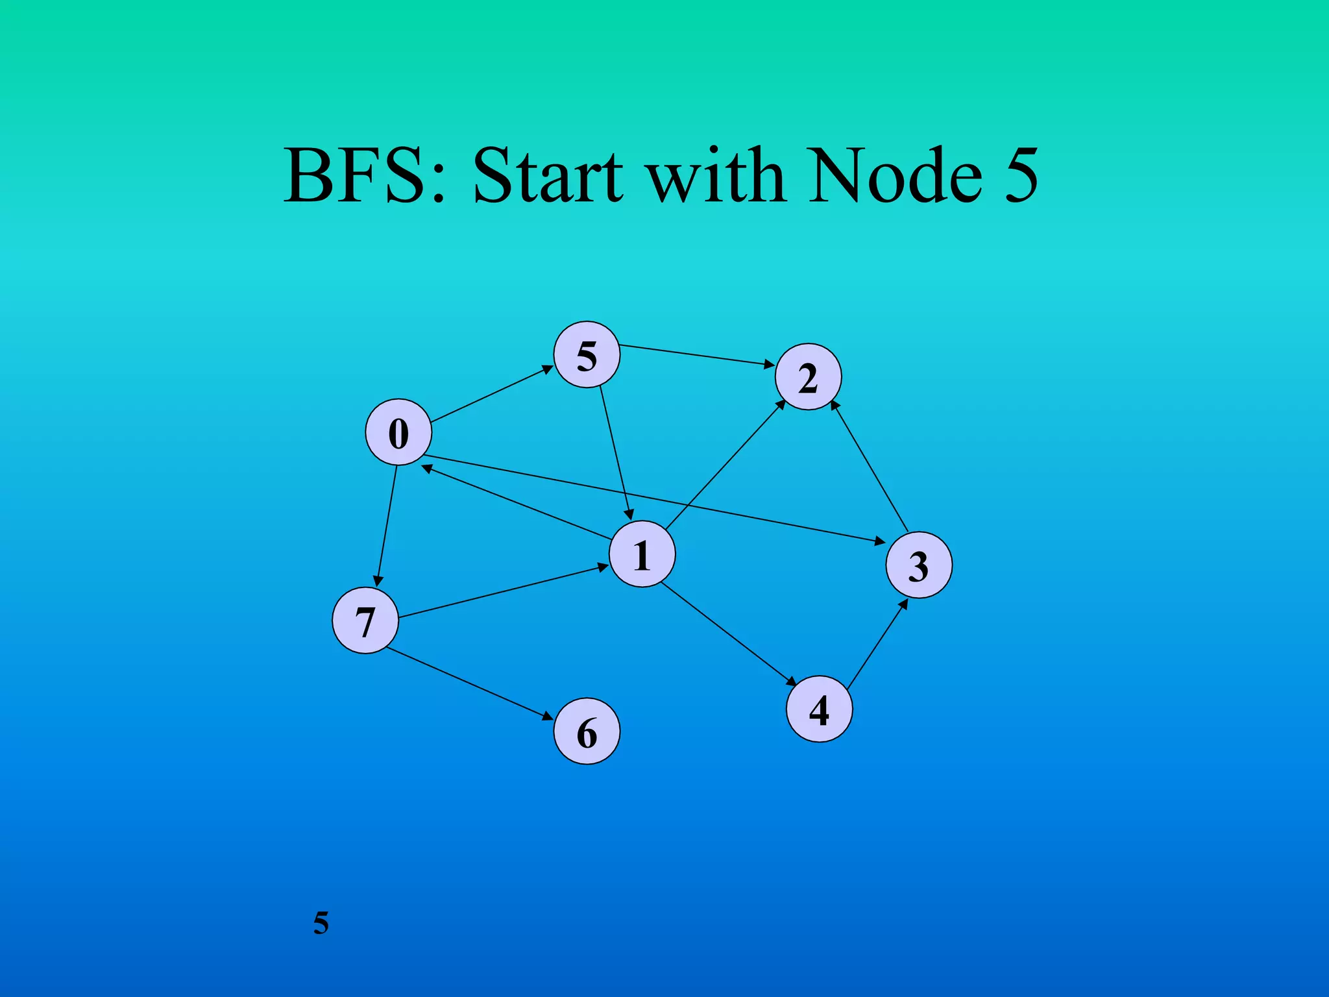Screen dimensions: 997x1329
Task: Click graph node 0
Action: coord(398,432)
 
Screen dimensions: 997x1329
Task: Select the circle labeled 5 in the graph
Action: coord(587,355)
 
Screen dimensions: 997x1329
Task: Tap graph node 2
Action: coord(808,377)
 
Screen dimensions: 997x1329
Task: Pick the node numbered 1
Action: coord(642,554)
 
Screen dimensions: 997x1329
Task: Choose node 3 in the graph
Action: coord(919,565)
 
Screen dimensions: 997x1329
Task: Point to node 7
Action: coord(365,621)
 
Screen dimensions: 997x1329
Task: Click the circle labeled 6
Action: coord(587,732)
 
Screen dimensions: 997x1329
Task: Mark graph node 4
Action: coord(819,709)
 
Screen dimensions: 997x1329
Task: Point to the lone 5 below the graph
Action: coord(321,922)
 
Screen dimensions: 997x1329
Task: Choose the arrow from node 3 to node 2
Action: coord(870,466)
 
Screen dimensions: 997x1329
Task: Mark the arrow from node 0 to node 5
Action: coord(492,394)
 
